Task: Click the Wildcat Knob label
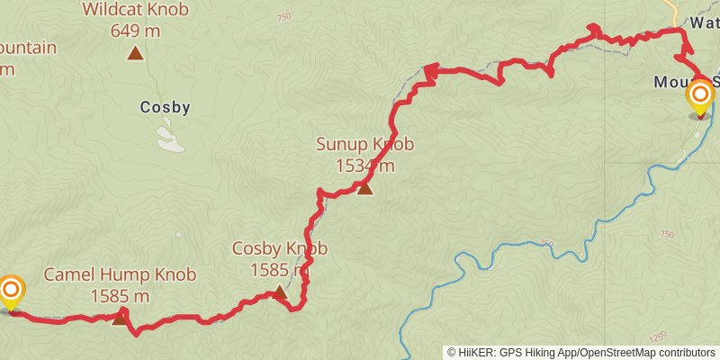(x=135, y=10)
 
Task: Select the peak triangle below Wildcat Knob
(x=135, y=53)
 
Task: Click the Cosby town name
(x=166, y=108)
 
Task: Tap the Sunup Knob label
(x=364, y=144)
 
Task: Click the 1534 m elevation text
(x=364, y=166)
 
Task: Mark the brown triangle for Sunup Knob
(x=364, y=187)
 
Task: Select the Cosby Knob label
(x=279, y=248)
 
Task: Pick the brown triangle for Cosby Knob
(x=280, y=292)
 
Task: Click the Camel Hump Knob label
(x=120, y=274)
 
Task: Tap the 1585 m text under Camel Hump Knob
(x=120, y=295)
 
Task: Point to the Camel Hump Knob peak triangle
(x=120, y=317)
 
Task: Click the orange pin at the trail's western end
(x=11, y=291)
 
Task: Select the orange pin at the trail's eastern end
(x=699, y=94)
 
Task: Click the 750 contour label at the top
(x=284, y=17)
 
